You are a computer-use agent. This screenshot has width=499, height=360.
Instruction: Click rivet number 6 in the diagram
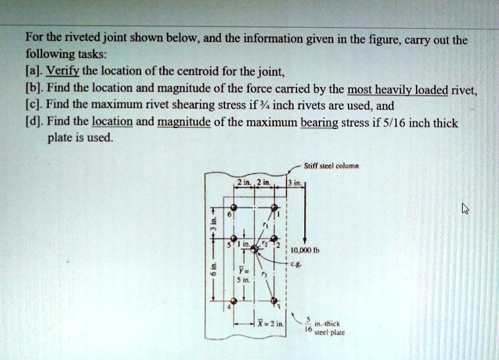[234, 207]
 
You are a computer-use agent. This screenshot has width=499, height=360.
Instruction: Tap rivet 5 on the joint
[234, 238]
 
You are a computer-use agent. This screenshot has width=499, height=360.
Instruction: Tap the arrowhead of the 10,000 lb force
[303, 242]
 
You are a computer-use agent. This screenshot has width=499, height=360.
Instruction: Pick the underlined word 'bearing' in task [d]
[319, 123]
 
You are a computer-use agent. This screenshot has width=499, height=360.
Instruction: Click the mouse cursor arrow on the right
[465, 209]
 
